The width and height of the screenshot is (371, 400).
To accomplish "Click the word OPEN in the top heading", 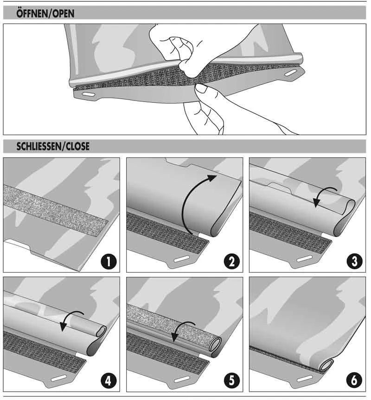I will coord(63,14).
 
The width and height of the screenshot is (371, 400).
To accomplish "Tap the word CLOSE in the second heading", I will coord(77,147).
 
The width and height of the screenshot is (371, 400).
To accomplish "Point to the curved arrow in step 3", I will coord(325,197).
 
